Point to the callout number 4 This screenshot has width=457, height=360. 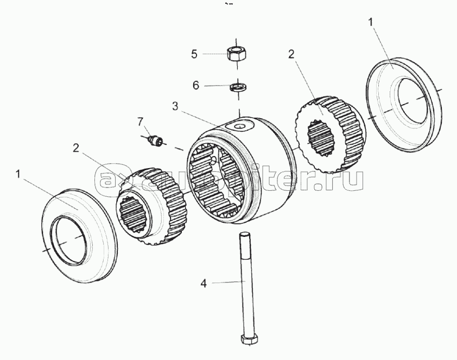point(204,282)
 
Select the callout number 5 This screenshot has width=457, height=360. point(194,54)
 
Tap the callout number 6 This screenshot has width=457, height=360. point(195,85)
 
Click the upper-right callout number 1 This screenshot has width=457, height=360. point(371,22)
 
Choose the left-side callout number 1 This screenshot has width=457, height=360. point(19,173)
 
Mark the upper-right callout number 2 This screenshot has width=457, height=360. point(291,54)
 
